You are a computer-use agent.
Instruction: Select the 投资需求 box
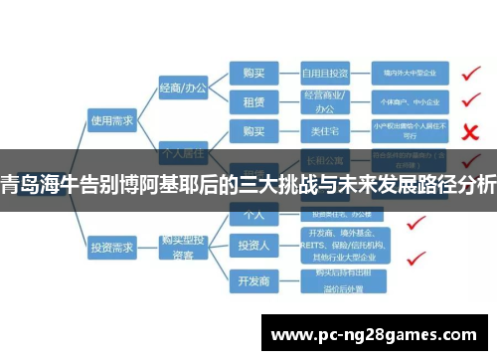[x=110, y=244]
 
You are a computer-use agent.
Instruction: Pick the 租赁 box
[x=253, y=101]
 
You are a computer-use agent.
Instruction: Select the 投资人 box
[x=253, y=244]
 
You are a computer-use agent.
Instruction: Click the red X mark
[x=472, y=129]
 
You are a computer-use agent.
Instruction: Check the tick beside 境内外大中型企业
[x=472, y=72]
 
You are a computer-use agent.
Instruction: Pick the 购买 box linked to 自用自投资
[x=253, y=73]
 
